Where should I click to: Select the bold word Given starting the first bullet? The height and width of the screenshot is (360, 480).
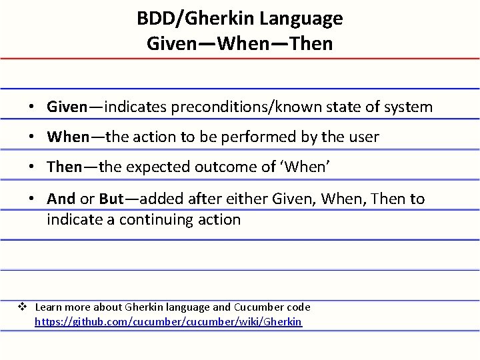[67, 107]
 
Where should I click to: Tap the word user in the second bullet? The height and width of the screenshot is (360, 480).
[364, 137]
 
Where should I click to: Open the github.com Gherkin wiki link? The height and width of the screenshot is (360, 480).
[168, 322]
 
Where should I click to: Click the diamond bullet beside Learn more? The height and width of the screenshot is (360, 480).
[21, 307]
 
